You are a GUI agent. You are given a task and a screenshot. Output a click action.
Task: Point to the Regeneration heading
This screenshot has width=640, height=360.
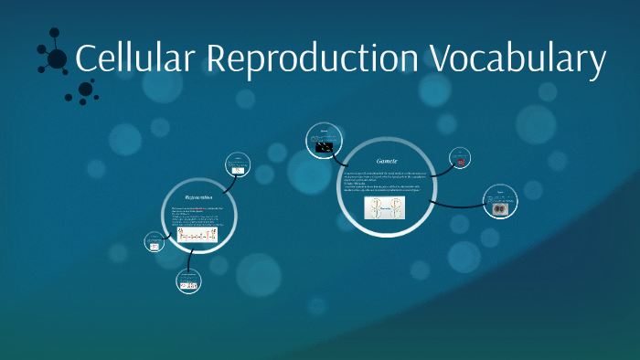pyautogui.click(x=199, y=196)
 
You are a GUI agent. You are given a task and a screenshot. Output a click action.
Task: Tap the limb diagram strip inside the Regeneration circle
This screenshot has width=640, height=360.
pyautogui.click(x=198, y=236)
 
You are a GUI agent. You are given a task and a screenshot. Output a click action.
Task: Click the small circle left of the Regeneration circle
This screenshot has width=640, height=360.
pyautogui.click(x=155, y=243)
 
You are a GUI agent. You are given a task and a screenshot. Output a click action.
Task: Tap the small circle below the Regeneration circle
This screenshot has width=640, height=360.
pyautogui.click(x=188, y=284)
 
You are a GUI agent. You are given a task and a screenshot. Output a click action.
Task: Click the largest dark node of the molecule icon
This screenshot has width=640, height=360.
pyautogui.click(x=57, y=59)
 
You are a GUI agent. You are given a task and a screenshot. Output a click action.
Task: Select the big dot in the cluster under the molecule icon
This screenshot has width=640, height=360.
pyautogui.click(x=86, y=89)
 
